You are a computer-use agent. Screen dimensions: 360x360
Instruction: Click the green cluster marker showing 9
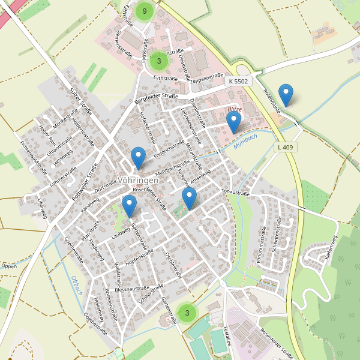pos(145,11)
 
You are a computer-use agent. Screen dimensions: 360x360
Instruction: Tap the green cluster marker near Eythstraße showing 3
pos(158,61)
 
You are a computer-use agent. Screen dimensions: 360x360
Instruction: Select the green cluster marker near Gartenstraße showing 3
pos(187,313)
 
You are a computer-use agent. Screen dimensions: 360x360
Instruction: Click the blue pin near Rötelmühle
pos(287,94)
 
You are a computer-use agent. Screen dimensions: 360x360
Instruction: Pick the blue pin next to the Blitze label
pos(233,122)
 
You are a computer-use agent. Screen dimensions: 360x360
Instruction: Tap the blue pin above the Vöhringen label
pos(138,157)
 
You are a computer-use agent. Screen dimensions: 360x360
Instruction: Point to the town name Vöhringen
pos(138,180)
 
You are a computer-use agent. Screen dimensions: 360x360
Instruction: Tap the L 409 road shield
pos(286,147)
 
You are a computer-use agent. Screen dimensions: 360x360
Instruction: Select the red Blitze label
pos(234,109)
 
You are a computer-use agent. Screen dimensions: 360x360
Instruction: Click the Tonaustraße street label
pos(235,193)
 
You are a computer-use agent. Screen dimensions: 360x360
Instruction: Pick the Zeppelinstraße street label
pos(206,78)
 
